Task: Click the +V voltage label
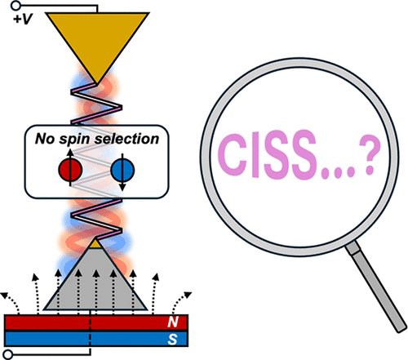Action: click(23, 20)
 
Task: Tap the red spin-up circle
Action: click(70, 170)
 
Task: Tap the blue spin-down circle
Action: click(122, 170)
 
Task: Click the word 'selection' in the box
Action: click(126, 139)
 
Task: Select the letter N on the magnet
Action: click(173, 322)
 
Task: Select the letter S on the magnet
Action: click(173, 340)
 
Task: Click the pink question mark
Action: click(369, 156)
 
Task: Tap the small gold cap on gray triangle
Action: click(95, 243)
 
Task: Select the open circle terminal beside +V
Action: click(16, 5)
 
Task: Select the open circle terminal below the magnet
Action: click(8, 355)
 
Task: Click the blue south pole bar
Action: click(96, 339)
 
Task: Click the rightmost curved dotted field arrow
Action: click(180, 301)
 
